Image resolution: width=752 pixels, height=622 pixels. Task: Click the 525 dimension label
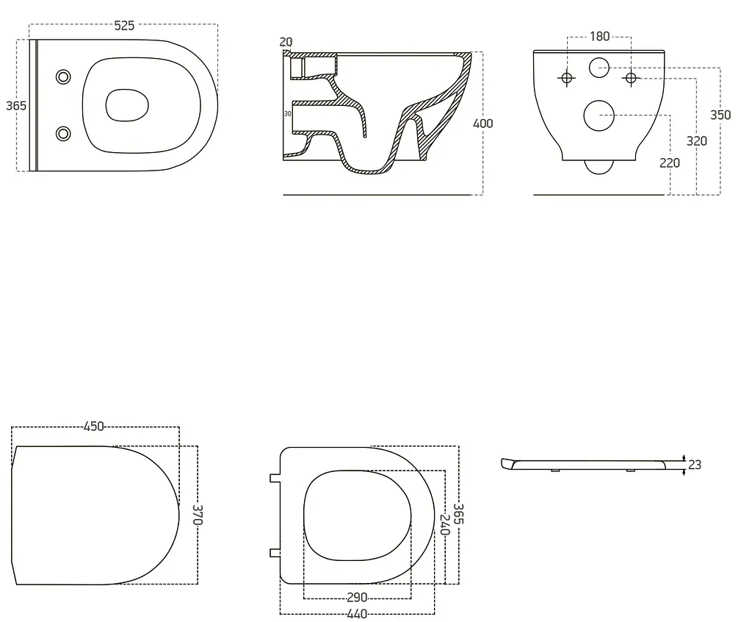point(124,26)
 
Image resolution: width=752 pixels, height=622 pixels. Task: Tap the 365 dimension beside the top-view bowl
point(16,106)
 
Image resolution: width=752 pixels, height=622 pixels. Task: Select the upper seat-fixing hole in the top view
point(63,77)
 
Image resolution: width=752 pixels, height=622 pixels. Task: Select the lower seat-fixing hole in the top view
point(63,134)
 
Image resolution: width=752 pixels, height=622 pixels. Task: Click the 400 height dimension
point(483,124)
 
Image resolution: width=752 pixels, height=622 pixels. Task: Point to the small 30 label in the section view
point(288,114)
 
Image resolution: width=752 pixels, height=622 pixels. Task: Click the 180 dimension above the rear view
point(599,37)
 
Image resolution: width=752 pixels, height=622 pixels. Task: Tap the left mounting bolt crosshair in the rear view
point(567,78)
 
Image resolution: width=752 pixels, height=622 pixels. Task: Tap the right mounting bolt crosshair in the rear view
point(631,78)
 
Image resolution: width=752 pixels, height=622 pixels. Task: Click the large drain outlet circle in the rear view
point(599,115)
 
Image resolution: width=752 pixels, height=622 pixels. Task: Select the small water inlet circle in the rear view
point(599,68)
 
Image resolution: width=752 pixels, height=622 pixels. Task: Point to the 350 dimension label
point(720,115)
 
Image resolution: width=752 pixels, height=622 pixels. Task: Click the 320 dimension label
point(696,140)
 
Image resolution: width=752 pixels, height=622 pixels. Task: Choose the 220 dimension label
point(670,162)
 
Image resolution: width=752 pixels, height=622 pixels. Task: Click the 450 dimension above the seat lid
point(93,426)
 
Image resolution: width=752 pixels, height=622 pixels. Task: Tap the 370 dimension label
point(198,515)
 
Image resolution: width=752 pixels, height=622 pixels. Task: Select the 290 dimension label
point(357,598)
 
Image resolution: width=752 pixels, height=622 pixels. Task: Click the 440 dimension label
point(357,614)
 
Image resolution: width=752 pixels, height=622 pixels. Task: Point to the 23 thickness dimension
point(695,465)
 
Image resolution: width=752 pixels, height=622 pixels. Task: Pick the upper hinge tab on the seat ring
point(275,479)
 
